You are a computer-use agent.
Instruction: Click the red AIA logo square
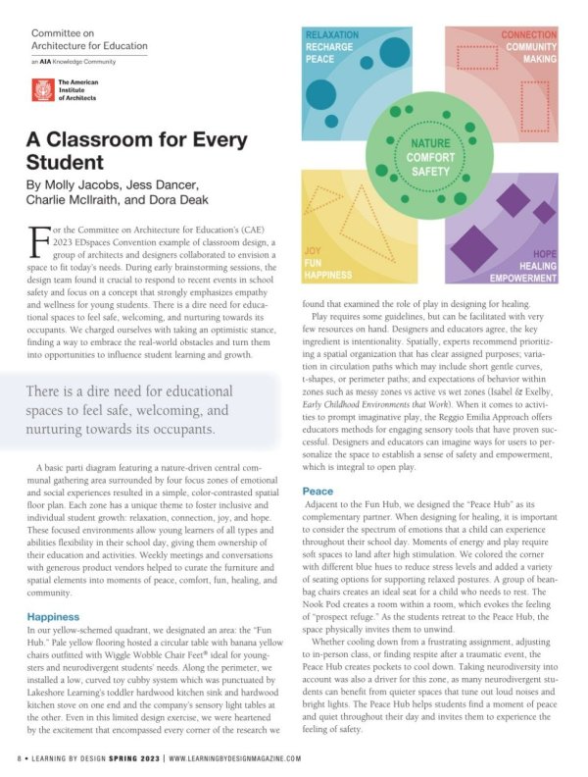(x=42, y=91)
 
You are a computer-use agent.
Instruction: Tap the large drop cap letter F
(x=38, y=238)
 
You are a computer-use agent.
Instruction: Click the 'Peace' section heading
(x=318, y=491)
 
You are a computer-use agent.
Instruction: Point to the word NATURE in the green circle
(x=431, y=143)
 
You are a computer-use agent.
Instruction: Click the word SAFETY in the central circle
(x=431, y=172)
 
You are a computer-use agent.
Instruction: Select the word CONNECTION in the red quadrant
(x=528, y=34)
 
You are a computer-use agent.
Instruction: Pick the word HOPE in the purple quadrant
(x=545, y=253)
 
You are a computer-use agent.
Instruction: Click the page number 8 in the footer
(x=19, y=758)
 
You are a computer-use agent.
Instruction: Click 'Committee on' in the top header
(x=65, y=32)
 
